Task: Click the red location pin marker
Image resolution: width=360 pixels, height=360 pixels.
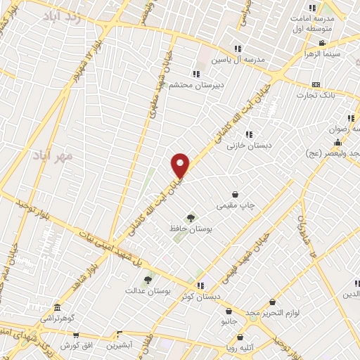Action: (181, 165)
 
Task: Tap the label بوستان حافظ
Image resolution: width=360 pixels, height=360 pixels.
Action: (191, 229)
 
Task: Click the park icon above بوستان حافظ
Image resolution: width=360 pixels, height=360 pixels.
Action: (191, 218)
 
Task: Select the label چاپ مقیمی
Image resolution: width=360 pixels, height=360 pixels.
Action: (235, 205)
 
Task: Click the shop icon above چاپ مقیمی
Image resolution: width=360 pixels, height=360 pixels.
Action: (235, 194)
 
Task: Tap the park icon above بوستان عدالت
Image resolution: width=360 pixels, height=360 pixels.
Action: (148, 280)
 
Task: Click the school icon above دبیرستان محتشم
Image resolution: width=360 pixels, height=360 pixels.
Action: (195, 73)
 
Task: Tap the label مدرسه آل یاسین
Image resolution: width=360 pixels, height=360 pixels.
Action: (240, 60)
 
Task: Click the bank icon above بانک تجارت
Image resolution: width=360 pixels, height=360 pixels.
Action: (316, 84)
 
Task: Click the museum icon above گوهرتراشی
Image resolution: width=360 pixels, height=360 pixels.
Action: (57, 307)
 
